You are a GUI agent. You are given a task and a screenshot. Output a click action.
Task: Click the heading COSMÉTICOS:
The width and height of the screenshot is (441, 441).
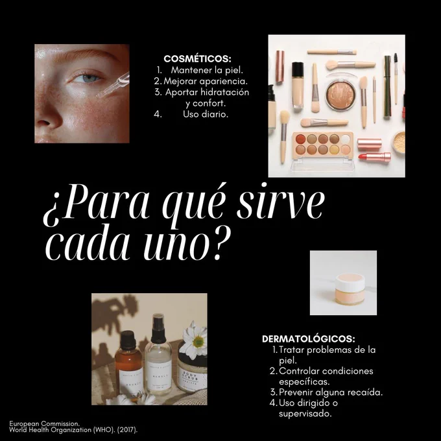(197, 59)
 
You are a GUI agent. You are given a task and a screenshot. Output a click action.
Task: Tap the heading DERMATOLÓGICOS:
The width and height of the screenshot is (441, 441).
(309, 339)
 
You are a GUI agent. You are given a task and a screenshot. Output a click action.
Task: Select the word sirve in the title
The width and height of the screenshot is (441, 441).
(281, 202)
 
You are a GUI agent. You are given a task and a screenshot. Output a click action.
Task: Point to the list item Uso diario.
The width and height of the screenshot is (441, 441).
(206, 114)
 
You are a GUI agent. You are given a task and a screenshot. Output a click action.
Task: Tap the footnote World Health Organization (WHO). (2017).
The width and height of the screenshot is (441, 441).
(73, 430)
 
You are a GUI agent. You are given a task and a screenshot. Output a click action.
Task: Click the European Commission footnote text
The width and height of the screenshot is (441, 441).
(45, 423)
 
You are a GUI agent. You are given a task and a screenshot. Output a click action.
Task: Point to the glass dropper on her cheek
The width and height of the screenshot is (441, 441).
(113, 85)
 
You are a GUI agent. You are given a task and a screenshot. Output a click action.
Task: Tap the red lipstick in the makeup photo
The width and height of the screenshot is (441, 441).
(374, 157)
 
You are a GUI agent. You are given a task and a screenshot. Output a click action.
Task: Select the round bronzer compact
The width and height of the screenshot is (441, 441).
(340, 95)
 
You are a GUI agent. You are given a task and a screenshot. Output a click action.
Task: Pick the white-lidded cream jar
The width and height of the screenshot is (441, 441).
(350, 289)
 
